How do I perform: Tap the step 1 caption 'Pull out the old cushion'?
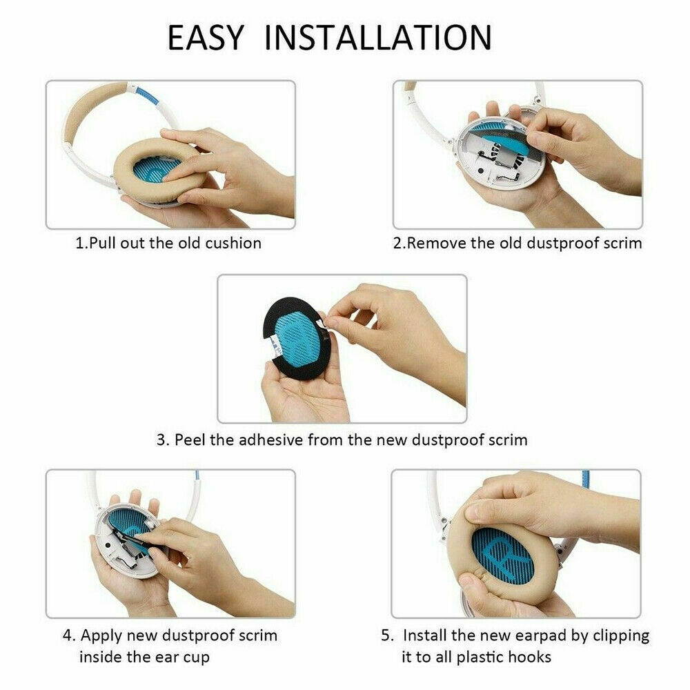168,243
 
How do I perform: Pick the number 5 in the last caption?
386,635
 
